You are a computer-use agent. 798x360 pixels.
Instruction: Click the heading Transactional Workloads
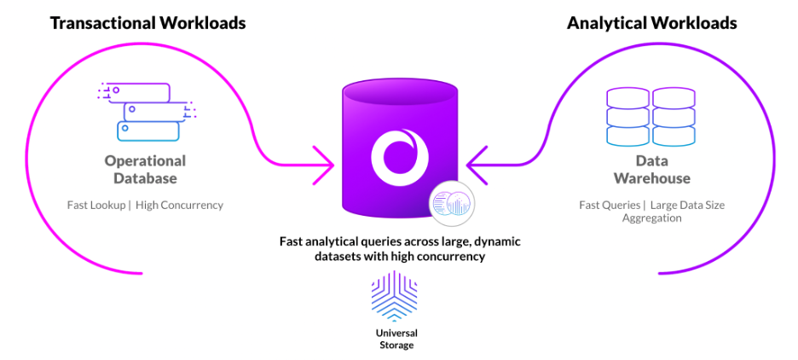[147, 23]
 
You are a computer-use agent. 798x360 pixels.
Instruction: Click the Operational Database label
[145, 170]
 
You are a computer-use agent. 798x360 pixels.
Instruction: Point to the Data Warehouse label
[651, 170]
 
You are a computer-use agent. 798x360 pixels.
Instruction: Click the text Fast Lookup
[96, 205]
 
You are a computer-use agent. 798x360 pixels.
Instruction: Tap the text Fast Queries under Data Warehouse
[608, 205]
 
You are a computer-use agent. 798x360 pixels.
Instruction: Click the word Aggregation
[651, 218]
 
